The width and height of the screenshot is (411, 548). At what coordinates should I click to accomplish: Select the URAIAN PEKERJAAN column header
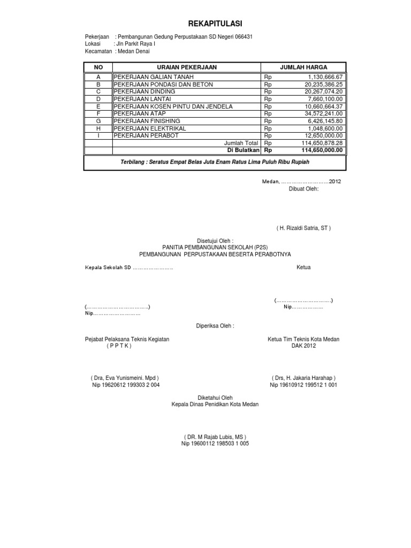(x=186, y=67)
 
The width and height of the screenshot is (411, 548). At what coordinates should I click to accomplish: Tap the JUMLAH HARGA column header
(x=303, y=67)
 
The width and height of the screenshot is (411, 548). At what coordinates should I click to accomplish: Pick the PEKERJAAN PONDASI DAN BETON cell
(x=163, y=85)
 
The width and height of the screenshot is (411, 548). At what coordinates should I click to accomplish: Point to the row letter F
(x=98, y=114)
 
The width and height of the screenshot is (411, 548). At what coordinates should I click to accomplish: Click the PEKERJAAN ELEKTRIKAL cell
(x=150, y=128)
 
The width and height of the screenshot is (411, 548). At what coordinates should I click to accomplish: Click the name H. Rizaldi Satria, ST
(x=303, y=228)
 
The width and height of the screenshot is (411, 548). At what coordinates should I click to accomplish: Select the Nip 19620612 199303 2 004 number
(x=126, y=385)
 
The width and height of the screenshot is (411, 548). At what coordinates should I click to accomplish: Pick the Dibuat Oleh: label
(x=303, y=188)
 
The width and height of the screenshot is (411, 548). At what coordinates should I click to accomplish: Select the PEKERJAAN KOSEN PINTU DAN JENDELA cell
(x=173, y=106)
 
